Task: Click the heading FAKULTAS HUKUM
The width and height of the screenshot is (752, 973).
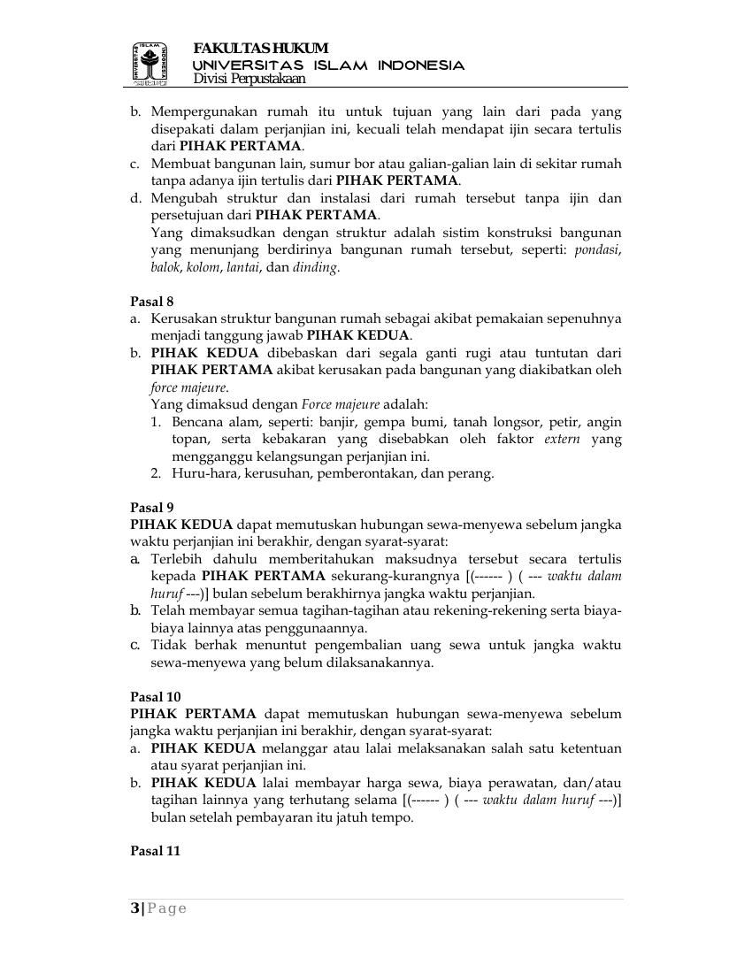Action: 260,48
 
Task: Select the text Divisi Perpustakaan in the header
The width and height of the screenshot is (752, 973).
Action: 249,79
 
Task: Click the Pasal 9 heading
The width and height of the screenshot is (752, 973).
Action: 152,508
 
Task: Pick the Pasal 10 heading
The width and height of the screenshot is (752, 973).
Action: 156,697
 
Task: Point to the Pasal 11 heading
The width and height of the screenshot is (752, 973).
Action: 156,851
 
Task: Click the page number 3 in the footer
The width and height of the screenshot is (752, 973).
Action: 134,908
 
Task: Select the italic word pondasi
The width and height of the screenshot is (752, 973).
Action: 596,250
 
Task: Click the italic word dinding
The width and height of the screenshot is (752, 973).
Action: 315,267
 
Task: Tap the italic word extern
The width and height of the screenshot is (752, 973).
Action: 562,440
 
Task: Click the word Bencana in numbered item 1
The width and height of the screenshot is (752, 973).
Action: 198,422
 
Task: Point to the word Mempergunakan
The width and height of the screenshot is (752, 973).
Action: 203,112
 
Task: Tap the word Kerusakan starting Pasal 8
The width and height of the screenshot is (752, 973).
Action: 183,318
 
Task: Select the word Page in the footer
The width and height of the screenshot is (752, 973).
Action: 167,908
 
